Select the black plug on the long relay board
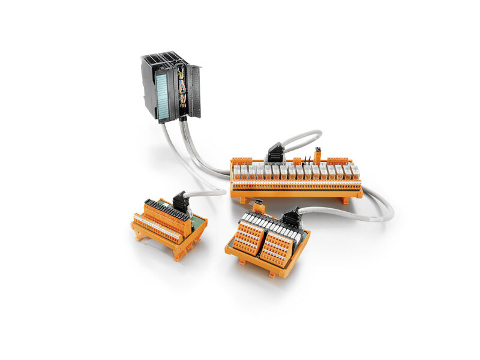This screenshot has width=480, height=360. coord(276,153)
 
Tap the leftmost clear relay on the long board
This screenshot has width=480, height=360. coord(237,172)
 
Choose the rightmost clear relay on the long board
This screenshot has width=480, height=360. coord(355,172)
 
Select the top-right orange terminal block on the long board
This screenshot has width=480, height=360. coord(337,161)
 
